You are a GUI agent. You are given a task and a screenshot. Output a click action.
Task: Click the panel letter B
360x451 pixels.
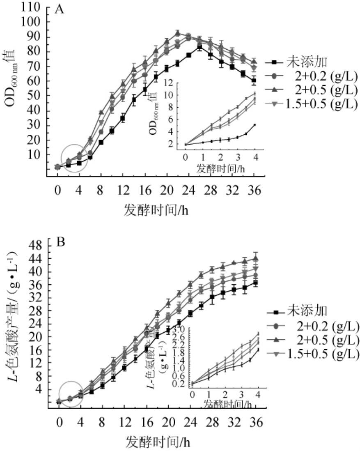point(60,242)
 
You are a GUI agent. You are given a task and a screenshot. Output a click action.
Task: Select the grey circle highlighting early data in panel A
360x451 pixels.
point(74,158)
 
